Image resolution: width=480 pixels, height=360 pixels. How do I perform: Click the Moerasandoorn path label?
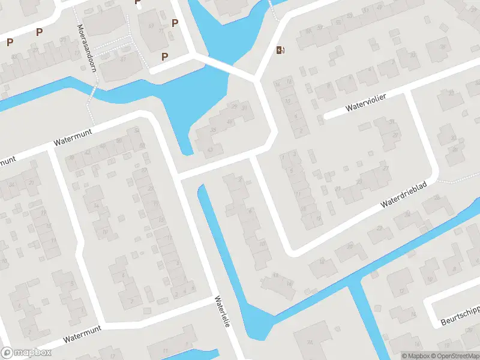point(87,48)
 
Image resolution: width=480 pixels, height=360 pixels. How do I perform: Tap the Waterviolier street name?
point(365,103)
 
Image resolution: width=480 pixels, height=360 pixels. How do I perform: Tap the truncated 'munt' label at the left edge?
point(6,163)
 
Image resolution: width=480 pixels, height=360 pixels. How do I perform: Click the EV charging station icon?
point(279,50)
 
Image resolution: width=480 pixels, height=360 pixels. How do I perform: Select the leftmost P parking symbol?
point(10,42)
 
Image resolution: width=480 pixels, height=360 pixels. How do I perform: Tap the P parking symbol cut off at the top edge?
point(138,2)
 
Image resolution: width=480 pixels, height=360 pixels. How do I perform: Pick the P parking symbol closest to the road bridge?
point(164,56)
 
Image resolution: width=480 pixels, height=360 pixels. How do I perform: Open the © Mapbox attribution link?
point(416,355)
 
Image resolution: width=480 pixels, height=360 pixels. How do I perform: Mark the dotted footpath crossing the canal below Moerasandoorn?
point(92,95)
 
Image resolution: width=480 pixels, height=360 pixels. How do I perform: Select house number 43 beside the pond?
point(209,149)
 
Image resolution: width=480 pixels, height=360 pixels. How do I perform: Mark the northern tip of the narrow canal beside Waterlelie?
point(202,188)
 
